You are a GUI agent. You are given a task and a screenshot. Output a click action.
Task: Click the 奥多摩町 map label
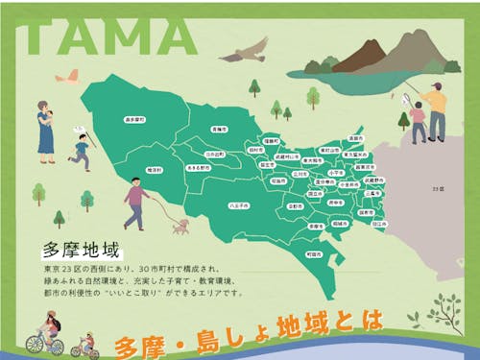pyautogui.click(x=134, y=120)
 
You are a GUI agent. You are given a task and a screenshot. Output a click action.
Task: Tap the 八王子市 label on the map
pyautogui.click(x=239, y=204)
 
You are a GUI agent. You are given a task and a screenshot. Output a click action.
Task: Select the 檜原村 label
pyautogui.click(x=156, y=170)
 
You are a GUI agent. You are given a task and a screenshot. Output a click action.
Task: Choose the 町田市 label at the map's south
pyautogui.click(x=314, y=253)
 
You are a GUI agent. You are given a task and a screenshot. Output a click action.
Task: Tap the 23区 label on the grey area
pyautogui.click(x=440, y=189)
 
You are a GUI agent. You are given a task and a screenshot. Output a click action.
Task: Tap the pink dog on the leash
pyautogui.click(x=180, y=226)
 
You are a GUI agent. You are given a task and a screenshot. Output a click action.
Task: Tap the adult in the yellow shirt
pyautogui.click(x=437, y=110)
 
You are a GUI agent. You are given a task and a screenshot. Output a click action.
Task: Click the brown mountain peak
pyautogui.click(x=360, y=55)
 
